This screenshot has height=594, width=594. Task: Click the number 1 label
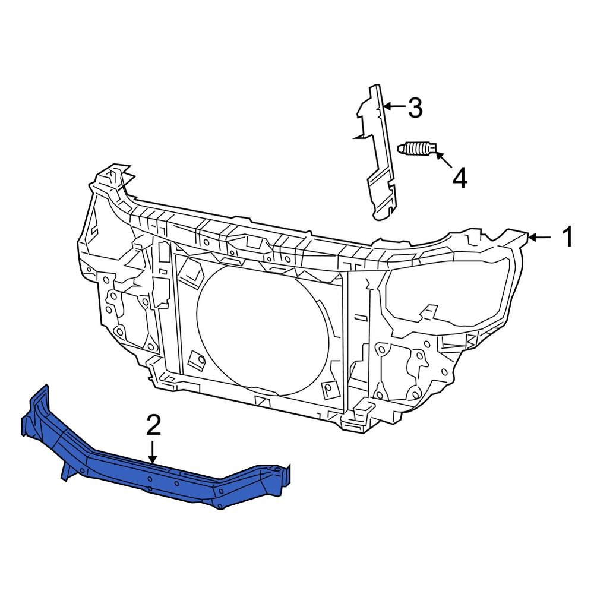pyautogui.click(x=567, y=237)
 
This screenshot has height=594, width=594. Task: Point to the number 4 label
pyautogui.click(x=459, y=178)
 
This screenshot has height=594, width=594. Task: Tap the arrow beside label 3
pyautogui.click(x=393, y=108)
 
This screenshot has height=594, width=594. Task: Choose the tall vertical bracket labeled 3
pyautogui.click(x=378, y=154)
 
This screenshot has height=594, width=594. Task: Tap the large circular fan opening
pyautogui.click(x=261, y=330)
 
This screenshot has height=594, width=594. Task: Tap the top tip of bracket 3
pyautogui.click(x=374, y=89)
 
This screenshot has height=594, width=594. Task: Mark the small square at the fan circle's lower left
pyautogui.click(x=195, y=359)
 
